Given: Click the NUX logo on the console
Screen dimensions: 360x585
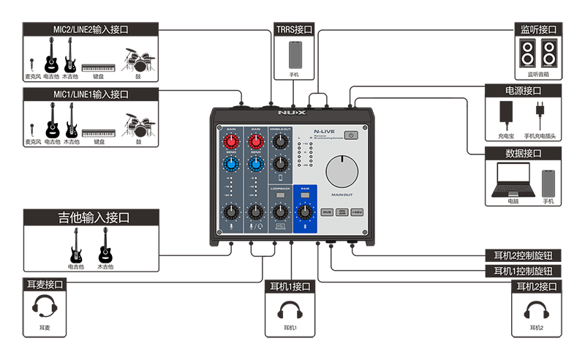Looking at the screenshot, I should (290, 114).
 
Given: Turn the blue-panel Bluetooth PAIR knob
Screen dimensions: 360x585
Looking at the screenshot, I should (304, 212).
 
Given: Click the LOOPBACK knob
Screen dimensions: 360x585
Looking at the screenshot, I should (279, 212).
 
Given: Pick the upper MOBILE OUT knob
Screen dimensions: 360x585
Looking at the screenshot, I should (279, 141).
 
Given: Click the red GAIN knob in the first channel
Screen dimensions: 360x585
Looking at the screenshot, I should (231, 140).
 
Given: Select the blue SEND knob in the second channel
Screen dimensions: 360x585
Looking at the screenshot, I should (255, 164).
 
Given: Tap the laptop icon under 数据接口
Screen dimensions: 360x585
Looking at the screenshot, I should (516, 181).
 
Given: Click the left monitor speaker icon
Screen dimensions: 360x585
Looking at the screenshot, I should (527, 53).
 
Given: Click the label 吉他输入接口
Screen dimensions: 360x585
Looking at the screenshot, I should (94, 218).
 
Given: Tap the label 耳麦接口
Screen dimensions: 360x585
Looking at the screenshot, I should (45, 285).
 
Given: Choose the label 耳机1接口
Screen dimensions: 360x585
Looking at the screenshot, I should (290, 287).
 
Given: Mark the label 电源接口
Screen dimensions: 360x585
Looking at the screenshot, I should (524, 91).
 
